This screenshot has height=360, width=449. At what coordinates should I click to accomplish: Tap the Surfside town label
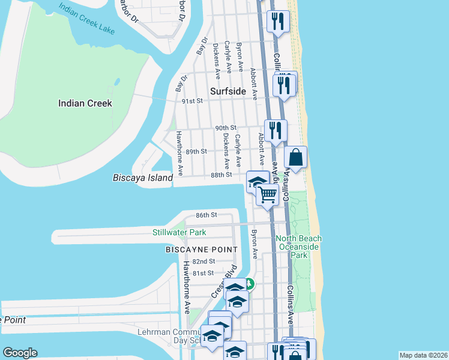pos(228,91)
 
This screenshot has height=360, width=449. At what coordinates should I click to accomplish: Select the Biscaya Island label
pos(143,178)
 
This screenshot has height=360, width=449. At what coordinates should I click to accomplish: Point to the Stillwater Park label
pos(179,232)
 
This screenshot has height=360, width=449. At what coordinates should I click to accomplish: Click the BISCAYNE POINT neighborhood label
pos(201,249)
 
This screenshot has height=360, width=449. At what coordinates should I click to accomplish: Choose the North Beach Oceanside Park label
pos(298,247)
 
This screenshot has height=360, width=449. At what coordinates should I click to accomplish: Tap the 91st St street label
pos(193,101)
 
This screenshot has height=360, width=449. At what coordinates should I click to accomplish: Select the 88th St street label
pos(221,175)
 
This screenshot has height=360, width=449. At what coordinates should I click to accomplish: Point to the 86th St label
pos(206,215)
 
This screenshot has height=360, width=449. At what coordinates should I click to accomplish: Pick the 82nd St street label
pos(204,262)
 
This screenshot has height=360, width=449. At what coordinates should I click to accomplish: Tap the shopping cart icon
pos(268,194)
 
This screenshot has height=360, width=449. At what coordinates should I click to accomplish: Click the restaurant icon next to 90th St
pos(276,130)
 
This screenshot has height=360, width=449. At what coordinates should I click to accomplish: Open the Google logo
pos(20,353)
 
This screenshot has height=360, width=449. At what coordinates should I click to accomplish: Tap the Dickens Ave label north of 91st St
pos(216,56)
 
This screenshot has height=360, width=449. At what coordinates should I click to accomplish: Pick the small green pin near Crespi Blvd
pos(249,284)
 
